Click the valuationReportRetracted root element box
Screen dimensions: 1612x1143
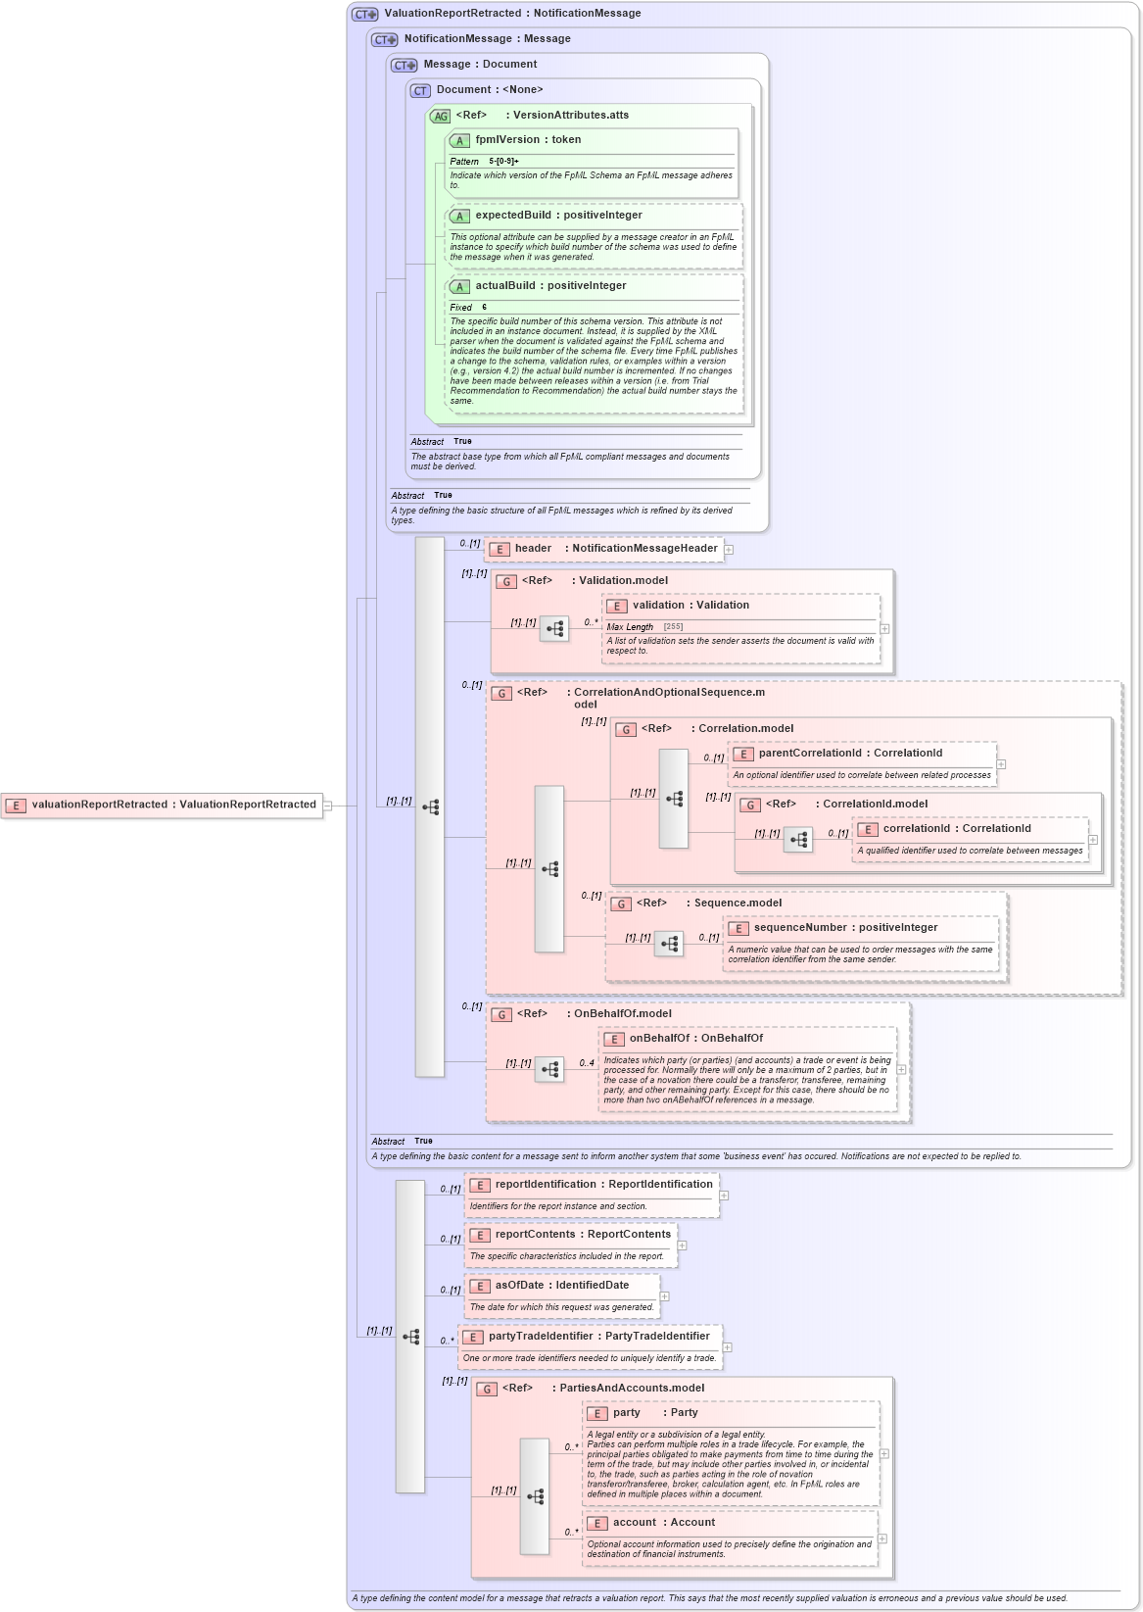coord(163,805)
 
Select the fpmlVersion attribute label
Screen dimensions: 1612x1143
coord(528,140)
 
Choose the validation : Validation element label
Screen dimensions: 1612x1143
coord(691,606)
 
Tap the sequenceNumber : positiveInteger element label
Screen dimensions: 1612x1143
coord(845,928)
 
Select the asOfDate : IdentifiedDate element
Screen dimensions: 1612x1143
coord(562,1286)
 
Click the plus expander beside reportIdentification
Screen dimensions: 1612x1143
coord(724,1196)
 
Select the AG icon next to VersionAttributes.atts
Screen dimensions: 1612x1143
coord(441,117)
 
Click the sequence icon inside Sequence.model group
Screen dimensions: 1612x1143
coord(669,944)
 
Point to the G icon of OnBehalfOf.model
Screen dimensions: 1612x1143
coord(502,1015)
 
